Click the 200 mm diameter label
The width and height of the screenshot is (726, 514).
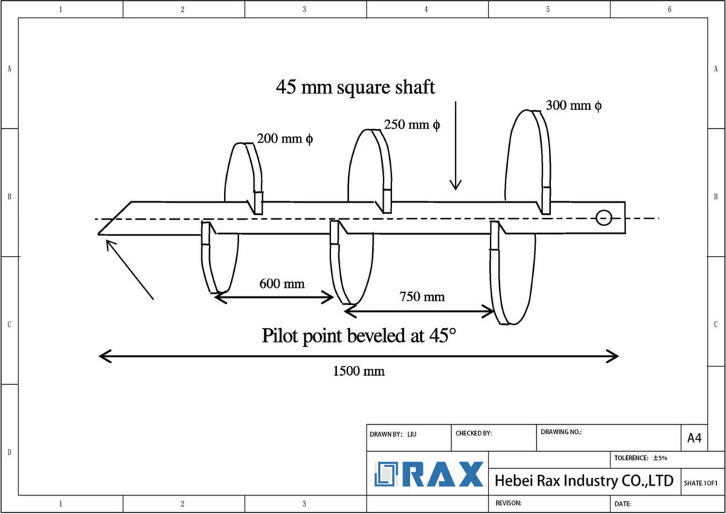(284, 139)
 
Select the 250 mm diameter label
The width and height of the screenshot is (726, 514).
(412, 125)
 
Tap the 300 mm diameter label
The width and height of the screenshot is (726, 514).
(574, 106)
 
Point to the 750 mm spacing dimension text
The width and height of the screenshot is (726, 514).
(422, 296)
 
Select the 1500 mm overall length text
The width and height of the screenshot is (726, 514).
(359, 371)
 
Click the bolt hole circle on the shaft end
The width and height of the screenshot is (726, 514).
(603, 218)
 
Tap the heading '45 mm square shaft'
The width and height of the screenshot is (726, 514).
(355, 87)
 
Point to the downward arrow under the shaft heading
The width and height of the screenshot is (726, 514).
(455, 145)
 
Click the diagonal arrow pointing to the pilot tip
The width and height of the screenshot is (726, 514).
(129, 269)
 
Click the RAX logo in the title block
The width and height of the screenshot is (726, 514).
(430, 474)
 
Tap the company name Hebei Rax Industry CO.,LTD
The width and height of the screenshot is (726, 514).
(583, 481)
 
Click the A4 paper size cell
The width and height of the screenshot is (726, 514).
(693, 438)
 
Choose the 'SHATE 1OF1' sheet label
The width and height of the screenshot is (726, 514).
(700, 483)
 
